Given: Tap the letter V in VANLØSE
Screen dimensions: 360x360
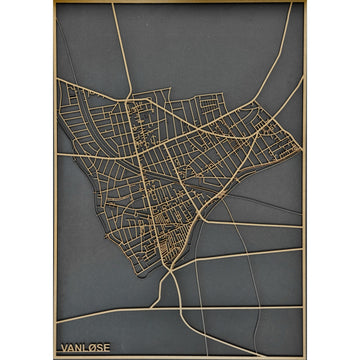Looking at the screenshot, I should coord(63,348).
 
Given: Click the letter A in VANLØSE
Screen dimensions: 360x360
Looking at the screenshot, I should coord(69,348).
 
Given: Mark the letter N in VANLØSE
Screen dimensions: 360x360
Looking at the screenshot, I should coord(76,348).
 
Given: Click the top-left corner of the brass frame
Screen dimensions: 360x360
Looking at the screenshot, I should coord(56,3).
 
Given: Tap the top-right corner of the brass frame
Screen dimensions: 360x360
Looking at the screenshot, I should coord(304,3).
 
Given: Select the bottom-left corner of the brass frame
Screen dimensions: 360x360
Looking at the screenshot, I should coord(56,356).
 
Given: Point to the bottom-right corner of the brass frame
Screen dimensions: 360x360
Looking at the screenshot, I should coord(304,356).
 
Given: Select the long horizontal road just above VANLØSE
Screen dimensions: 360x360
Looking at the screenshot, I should coord(180,309).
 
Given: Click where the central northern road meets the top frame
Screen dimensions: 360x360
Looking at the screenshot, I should coord(113,3).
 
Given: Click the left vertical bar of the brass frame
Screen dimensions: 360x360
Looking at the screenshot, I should coord(56,180).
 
